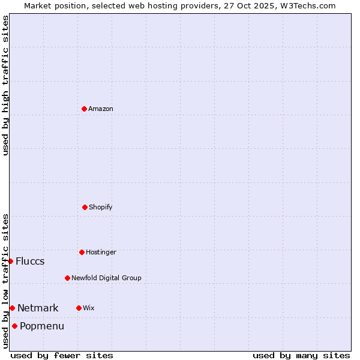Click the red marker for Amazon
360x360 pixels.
[x=85, y=109]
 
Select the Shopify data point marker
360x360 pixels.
[x=85, y=207]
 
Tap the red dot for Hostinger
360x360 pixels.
[x=82, y=252]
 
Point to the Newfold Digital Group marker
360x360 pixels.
[x=67, y=278]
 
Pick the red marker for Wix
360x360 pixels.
[x=79, y=308]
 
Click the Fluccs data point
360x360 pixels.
[x=10, y=261]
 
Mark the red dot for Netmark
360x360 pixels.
[x=12, y=308]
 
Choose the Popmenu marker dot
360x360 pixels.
[x=14, y=326]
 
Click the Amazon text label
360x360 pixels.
[x=101, y=109]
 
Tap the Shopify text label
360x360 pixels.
[x=101, y=207]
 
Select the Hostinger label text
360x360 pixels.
[x=101, y=252]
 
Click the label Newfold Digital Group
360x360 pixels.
[x=106, y=278]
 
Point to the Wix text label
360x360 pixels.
[x=89, y=308]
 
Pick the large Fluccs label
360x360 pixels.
[x=30, y=261]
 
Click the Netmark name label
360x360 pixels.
[x=38, y=308]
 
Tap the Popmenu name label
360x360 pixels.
[x=42, y=326]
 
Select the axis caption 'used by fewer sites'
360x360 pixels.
[x=62, y=355]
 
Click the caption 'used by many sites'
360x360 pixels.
[x=301, y=355]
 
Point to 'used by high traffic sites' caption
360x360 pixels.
[x=5, y=85]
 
